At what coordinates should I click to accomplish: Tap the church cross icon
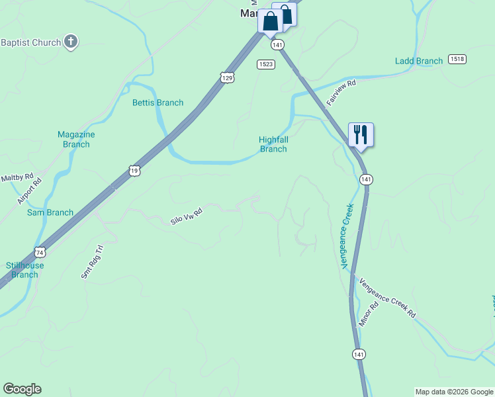[x=71, y=43]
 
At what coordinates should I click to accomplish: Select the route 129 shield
[x=227, y=78]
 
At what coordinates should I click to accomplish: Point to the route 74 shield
[x=40, y=252]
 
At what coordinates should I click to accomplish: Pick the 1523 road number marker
[x=266, y=64]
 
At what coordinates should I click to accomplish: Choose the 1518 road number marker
[x=457, y=60]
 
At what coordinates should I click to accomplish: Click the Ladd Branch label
[x=418, y=62]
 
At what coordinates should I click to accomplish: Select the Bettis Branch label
[x=157, y=103]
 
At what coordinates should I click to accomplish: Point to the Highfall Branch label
[x=273, y=144]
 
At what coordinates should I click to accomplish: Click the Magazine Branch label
[x=76, y=140]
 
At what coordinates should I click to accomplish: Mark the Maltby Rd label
[x=12, y=178]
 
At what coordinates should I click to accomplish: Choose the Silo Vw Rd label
[x=186, y=215]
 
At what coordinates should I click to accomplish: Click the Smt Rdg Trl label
[x=93, y=262]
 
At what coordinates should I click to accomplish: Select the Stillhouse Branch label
[x=25, y=270]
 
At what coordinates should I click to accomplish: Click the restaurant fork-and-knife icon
[x=361, y=134]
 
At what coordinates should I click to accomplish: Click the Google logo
[x=22, y=389]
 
